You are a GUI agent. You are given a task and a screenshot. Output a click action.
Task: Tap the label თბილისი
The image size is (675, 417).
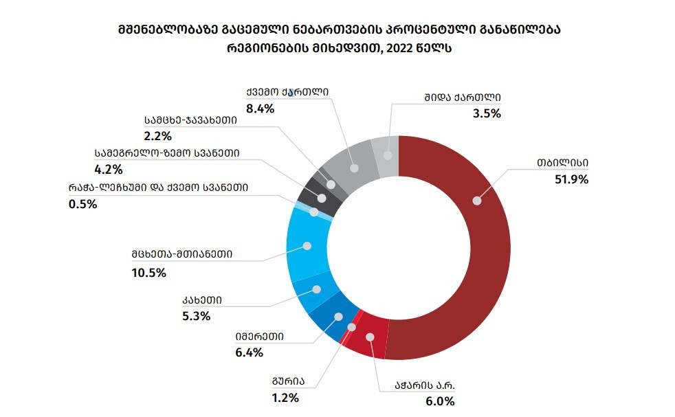pyautogui.click(x=563, y=164)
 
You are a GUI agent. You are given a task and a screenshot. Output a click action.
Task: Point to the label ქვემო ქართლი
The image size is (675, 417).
pyautogui.click(x=288, y=92)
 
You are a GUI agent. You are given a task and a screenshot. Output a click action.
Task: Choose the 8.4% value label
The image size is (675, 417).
pyautogui.click(x=260, y=109)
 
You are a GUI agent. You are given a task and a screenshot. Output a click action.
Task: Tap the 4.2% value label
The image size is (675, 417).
pyautogui.click(x=108, y=168)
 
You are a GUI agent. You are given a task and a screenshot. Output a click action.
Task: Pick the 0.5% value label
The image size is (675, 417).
pyautogui.click(x=82, y=203)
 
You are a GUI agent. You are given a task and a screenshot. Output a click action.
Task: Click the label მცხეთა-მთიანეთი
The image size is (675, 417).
pyautogui.click(x=183, y=253)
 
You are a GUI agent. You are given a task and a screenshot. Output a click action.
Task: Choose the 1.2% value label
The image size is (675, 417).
pyautogui.click(x=285, y=396)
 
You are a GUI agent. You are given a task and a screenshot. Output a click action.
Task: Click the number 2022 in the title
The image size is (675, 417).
pyautogui.click(x=401, y=49)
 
